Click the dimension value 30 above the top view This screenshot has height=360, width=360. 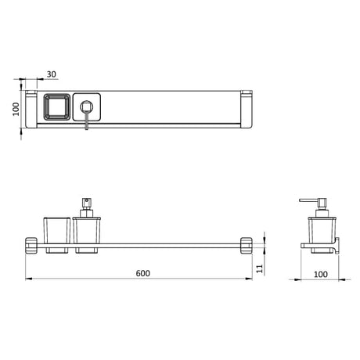tap(52, 75)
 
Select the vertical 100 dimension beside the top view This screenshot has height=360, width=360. tap(13, 109)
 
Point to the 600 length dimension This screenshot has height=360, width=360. tap(142, 273)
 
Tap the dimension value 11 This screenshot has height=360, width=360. tap(259, 268)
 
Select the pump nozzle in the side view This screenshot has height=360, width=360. tap(308, 203)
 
